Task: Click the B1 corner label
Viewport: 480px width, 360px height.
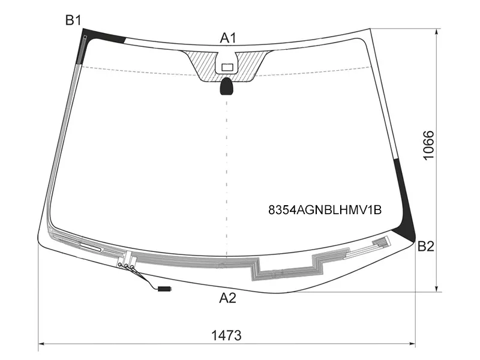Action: coord(73,20)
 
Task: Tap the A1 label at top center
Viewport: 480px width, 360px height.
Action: coord(228,38)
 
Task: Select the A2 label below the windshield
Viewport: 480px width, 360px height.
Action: coord(228,298)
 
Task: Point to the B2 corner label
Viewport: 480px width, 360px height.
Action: coord(426,246)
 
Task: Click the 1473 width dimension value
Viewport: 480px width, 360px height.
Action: coord(227,335)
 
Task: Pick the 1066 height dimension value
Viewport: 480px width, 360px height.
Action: coord(428,145)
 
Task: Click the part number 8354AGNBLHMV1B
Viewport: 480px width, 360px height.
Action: coord(325,210)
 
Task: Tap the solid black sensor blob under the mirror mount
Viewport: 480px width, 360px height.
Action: coord(227,86)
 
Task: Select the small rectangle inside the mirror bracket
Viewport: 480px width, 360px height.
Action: coord(227,67)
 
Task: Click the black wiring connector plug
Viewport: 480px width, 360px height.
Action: coord(164,288)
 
